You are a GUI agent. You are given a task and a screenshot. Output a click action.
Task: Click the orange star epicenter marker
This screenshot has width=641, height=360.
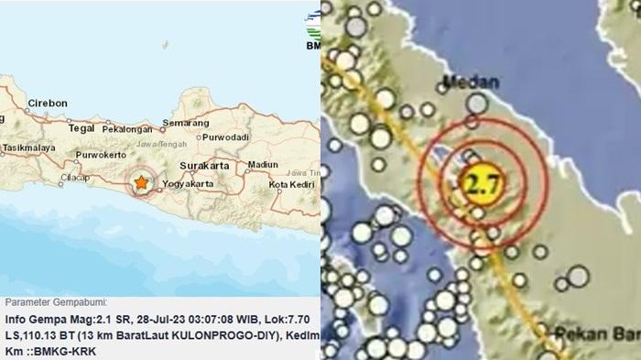tap(141, 183)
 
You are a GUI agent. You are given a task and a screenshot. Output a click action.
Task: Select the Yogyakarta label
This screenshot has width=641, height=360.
tap(192, 183)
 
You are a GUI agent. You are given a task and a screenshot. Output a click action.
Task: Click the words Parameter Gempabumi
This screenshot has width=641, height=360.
tap(56, 302)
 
